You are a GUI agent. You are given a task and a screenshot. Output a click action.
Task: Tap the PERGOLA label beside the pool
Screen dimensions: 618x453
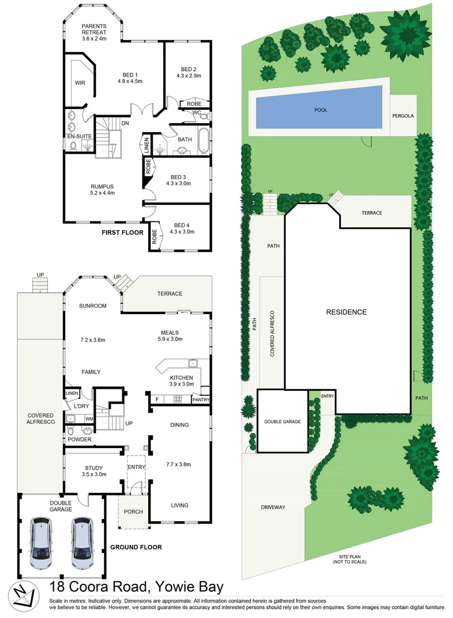403,116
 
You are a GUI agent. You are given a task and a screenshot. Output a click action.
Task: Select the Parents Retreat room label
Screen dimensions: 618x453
94,33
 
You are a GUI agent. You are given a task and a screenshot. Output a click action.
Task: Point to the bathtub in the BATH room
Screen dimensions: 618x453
204,141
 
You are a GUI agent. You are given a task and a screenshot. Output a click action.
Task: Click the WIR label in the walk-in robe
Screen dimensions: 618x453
80,82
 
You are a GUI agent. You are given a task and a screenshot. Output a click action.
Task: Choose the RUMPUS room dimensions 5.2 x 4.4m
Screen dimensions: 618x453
103,193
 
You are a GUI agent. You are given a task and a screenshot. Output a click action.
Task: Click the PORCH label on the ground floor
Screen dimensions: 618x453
133,512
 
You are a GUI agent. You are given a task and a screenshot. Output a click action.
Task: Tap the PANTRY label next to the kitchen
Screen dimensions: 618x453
201,399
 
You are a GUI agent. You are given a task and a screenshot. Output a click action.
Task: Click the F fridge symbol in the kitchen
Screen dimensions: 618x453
157,399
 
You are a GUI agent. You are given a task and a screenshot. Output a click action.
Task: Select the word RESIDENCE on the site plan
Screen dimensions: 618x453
346,312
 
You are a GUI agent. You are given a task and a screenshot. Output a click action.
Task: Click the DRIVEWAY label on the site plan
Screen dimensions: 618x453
273,507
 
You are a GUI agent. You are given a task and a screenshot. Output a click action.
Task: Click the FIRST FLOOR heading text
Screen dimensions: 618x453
122,233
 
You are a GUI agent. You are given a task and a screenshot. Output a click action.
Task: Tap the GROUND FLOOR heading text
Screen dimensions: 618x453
136,547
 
